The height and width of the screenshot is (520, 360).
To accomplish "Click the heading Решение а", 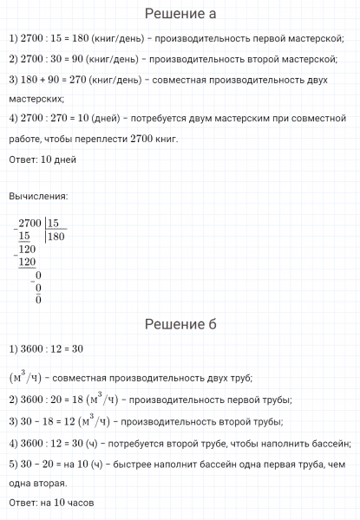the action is [180, 14].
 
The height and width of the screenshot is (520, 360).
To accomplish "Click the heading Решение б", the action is [180, 324].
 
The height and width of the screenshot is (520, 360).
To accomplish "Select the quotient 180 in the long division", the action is [58, 236].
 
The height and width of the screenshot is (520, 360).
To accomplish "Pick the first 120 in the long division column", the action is [29, 249].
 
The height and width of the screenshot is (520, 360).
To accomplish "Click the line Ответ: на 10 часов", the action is [50, 503].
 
